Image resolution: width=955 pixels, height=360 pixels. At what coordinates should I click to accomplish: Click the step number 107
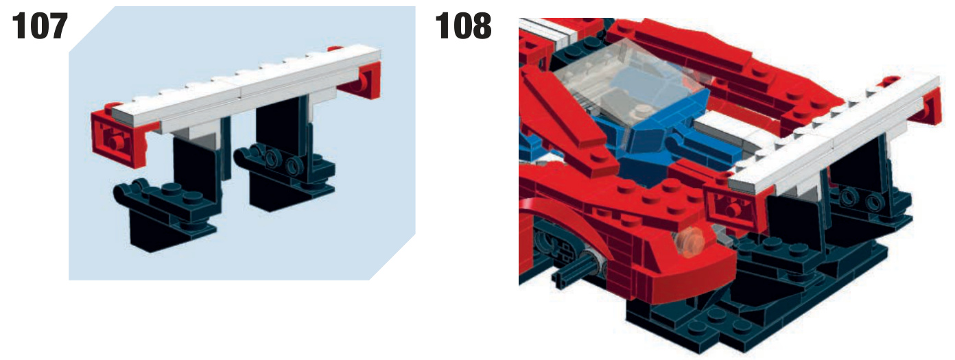pyautogui.click(x=40, y=26)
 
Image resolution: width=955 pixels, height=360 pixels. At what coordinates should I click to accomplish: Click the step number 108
pyautogui.click(x=463, y=26)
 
